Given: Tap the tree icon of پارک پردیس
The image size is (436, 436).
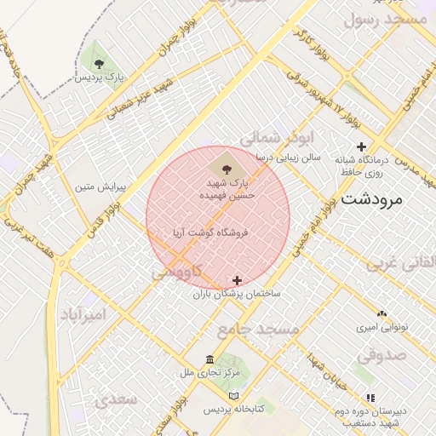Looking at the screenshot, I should click(x=100, y=63).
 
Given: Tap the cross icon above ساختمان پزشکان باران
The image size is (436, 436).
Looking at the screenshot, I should click(x=237, y=280).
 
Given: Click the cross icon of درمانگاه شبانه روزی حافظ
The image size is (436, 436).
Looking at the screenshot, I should click(x=362, y=146).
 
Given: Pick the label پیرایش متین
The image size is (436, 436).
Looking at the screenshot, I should click(x=100, y=186).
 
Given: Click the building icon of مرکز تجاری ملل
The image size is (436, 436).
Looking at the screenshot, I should click(x=210, y=359).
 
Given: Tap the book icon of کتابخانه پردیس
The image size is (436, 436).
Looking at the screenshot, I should click(x=235, y=396).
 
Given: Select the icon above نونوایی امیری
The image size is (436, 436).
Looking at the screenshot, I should click(x=381, y=314).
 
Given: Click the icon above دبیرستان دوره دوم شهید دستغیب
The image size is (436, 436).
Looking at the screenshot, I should click(x=370, y=398).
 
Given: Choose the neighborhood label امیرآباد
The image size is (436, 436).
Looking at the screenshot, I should click(x=83, y=314).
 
